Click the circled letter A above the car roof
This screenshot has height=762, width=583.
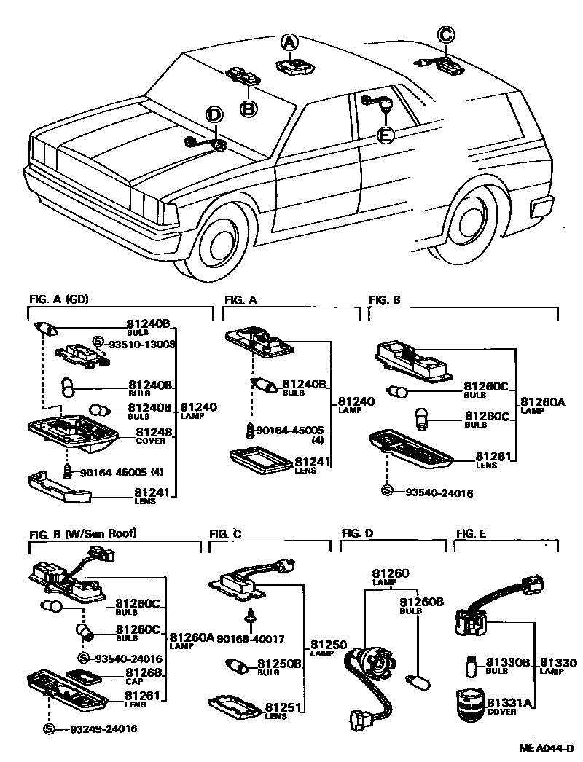tap(289, 43)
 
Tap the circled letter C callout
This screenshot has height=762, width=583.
tap(446, 34)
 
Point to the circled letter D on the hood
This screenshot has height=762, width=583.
tap(213, 114)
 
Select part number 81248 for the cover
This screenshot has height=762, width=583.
tap(149, 432)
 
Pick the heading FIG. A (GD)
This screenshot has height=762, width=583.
tap(59, 299)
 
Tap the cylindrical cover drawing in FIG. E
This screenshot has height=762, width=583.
tap(470, 705)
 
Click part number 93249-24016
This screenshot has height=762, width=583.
tap(103, 728)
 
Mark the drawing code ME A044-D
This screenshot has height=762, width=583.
tap(547, 748)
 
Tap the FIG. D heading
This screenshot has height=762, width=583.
tap(357, 533)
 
